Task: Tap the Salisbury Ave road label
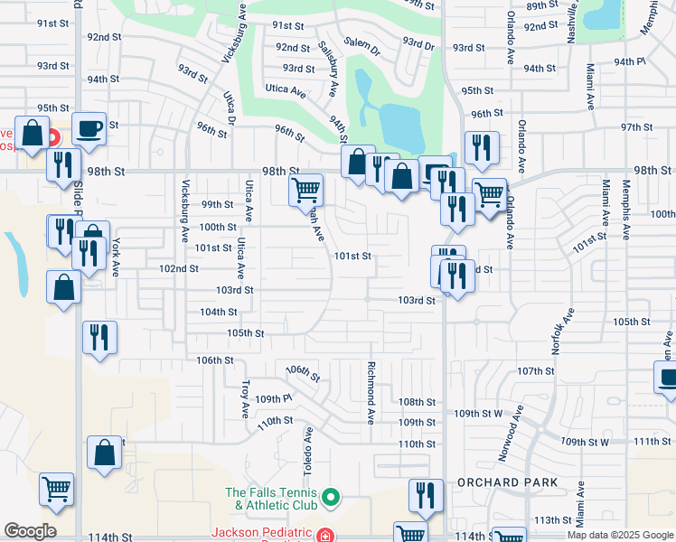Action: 326,70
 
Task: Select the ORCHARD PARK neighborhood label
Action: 508,482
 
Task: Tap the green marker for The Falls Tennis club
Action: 331,496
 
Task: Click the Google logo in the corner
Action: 30,531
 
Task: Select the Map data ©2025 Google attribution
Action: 620,535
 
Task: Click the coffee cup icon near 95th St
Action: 89,129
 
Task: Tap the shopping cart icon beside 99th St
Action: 306,191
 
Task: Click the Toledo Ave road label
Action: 308,452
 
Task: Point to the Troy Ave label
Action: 245,398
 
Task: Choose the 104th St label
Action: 219,312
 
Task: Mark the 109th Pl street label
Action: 274,398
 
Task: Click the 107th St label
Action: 535,371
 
